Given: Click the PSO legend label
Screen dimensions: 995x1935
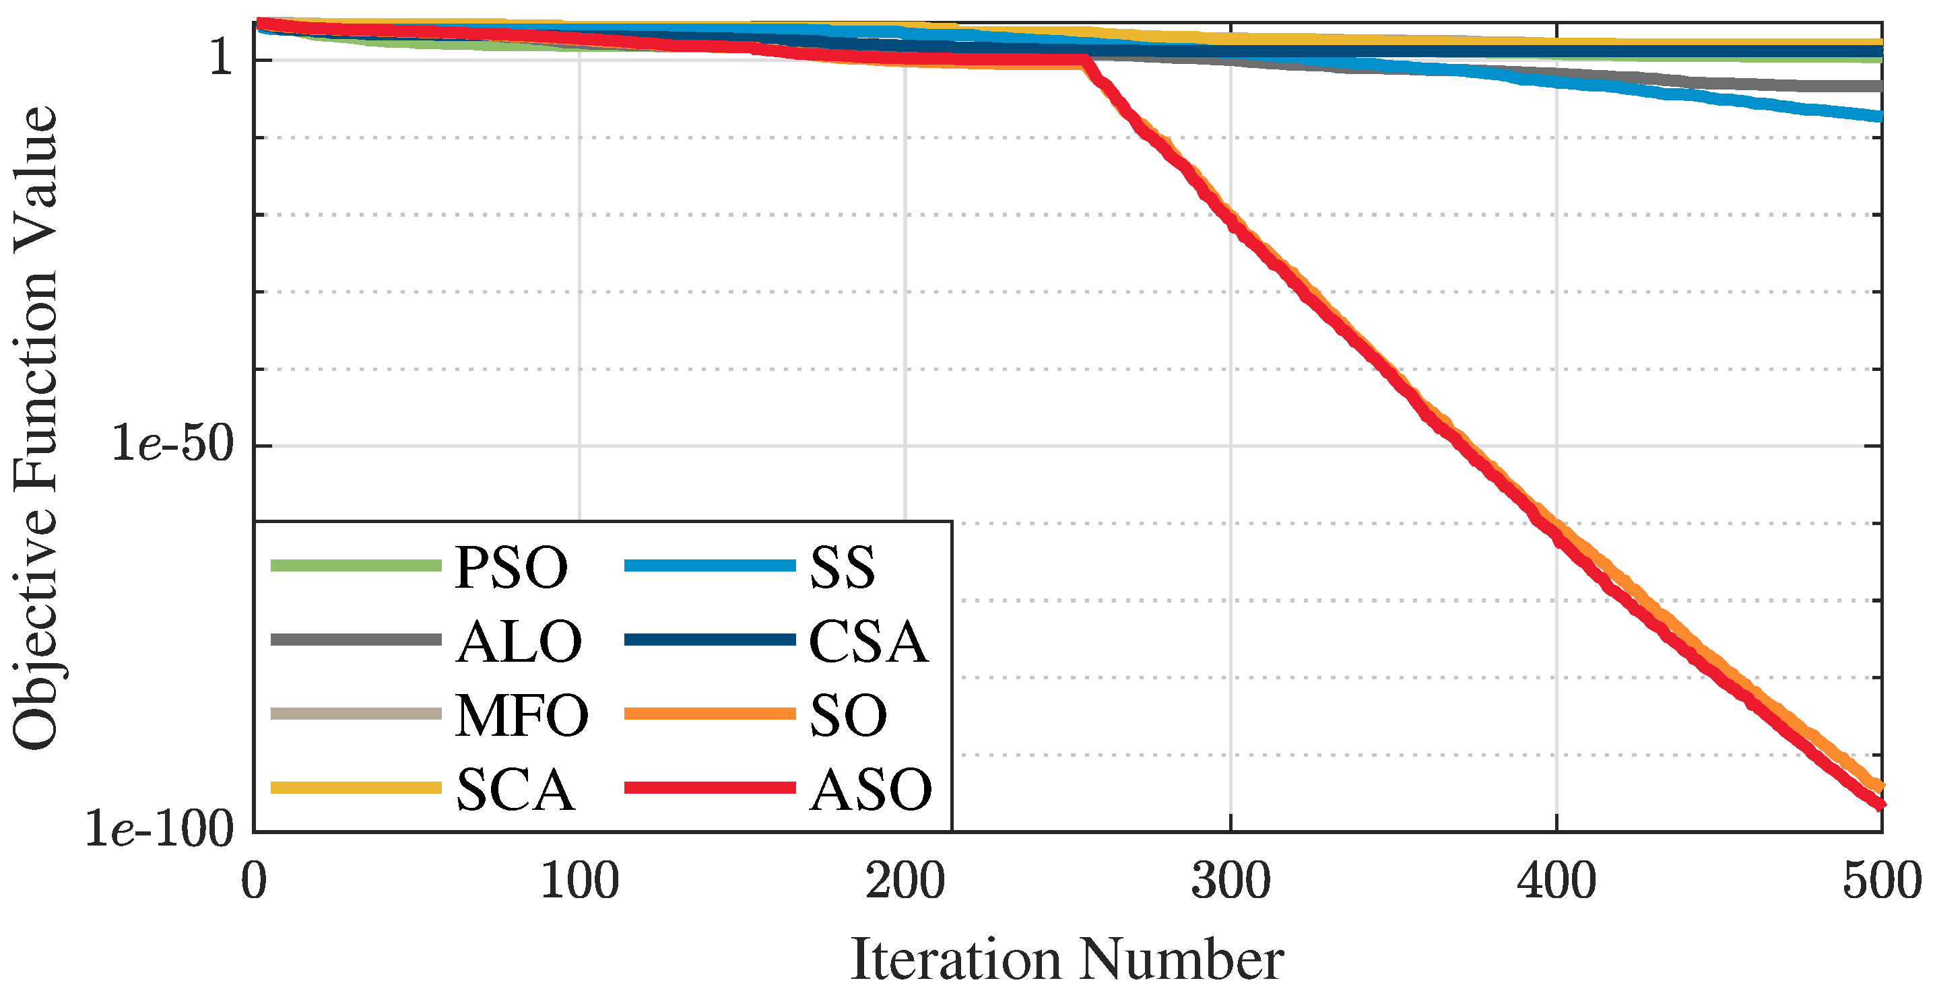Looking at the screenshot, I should click(x=511, y=568).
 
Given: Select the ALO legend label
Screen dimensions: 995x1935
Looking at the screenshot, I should click(x=519, y=643).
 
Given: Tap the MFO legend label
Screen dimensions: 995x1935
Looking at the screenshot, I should click(x=522, y=716).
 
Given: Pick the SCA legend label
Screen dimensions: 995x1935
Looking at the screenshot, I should click(x=515, y=790).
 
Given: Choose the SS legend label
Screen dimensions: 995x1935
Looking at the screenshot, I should click(x=842, y=568).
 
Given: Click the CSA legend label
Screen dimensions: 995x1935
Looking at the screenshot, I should click(x=868, y=643).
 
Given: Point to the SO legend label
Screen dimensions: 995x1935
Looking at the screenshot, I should click(x=848, y=716).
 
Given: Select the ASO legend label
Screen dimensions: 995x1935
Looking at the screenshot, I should click(x=871, y=790).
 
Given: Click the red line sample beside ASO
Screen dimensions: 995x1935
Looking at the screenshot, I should click(x=709, y=788).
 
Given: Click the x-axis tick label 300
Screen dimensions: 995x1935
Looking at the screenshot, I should click(x=1231, y=882).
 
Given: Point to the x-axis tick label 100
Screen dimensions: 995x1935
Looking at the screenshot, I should click(x=579, y=882).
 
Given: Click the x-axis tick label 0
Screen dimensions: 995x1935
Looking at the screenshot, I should click(x=254, y=882).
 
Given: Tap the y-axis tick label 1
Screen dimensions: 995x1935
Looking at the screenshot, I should click(x=222, y=57).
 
